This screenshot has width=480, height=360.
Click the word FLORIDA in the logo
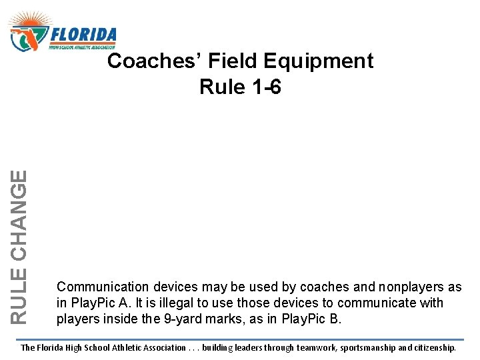tap(83, 34)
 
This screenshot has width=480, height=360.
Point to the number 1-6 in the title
tap(261, 87)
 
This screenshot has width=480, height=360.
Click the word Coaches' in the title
tap(155, 61)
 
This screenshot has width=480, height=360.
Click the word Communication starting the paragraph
tap(103, 287)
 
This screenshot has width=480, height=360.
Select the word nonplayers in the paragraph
tap(413, 287)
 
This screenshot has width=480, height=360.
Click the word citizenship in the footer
tap(434, 347)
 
